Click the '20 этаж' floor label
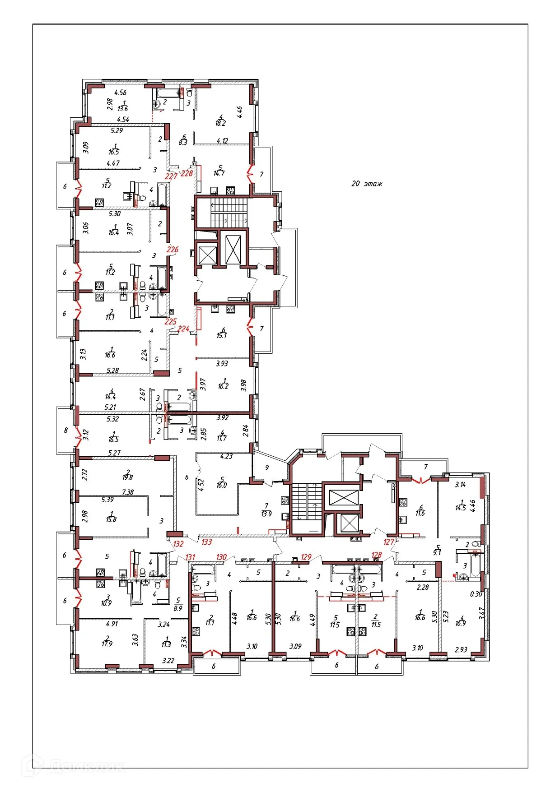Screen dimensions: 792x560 (x=367, y=184)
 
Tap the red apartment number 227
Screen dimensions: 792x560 (x=171, y=176)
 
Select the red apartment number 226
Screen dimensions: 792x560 (x=173, y=249)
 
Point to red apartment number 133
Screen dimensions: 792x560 (x=207, y=542)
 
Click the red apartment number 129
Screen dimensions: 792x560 (x=306, y=557)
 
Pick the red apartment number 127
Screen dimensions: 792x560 (x=389, y=542)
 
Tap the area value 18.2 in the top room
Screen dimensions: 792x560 (x=220, y=123)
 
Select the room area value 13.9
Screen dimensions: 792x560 (x=266, y=514)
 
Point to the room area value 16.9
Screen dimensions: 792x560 (x=461, y=623)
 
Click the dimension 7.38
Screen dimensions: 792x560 (x=128, y=492)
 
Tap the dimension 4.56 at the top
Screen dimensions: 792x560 (x=121, y=93)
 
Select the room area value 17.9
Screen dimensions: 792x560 (x=107, y=644)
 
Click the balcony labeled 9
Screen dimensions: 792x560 (x=267, y=468)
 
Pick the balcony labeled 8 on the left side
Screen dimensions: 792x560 (x=65, y=430)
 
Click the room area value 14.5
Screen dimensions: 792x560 (x=461, y=508)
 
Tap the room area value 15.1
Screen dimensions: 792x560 (x=222, y=335)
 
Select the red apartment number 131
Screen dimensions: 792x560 (x=190, y=557)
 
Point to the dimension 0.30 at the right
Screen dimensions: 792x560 (x=476, y=594)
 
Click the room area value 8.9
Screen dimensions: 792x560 (x=178, y=608)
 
